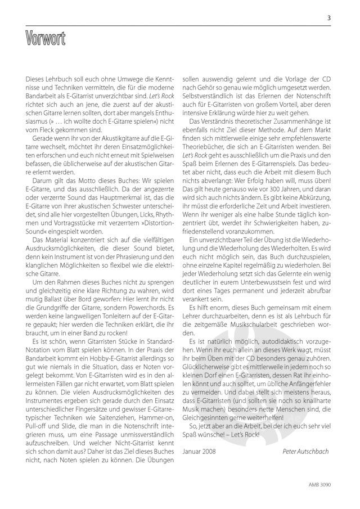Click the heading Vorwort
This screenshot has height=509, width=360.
(46, 39)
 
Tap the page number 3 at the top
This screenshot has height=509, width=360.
(328, 17)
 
